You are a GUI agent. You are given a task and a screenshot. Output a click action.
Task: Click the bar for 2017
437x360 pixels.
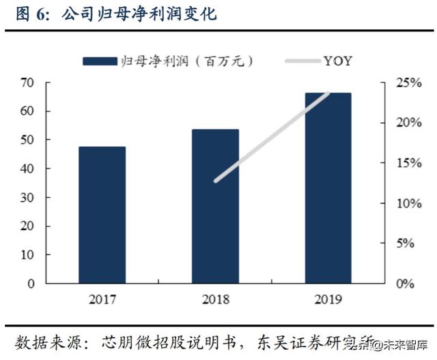102,214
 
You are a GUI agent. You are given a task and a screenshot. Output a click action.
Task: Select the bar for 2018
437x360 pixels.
215,206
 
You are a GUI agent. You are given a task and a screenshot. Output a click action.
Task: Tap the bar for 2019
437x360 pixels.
328,188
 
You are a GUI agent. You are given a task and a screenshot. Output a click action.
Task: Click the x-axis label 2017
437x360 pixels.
102,300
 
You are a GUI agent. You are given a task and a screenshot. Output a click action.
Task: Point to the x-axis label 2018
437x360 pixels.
215,300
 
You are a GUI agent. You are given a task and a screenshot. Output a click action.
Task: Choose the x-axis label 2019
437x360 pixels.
328,300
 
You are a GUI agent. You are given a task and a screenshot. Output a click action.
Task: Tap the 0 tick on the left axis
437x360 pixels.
30,283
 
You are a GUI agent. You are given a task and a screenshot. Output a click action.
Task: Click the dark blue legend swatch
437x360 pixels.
100,61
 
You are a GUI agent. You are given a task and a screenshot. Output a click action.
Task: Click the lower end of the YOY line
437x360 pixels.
216,181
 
